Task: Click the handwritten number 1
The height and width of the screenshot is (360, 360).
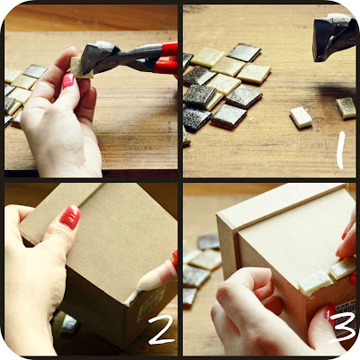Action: (x=340, y=150)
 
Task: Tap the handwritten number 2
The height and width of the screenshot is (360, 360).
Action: (x=159, y=329)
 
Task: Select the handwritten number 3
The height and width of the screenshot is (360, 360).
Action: (x=342, y=327)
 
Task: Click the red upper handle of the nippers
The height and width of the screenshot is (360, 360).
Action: (x=168, y=49)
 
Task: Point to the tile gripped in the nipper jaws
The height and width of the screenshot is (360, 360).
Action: (x=78, y=67)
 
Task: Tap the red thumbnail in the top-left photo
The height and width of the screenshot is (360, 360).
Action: (x=68, y=81)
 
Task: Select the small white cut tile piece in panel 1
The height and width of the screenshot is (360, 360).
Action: (x=301, y=118)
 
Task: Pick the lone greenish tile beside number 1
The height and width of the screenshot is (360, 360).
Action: (x=346, y=108)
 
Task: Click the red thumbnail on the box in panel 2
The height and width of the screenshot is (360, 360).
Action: (x=70, y=217)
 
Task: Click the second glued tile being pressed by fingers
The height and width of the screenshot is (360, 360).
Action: (x=343, y=268)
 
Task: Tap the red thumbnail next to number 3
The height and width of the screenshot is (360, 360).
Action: (x=330, y=314)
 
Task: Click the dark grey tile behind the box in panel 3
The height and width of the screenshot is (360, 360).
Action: (x=209, y=242)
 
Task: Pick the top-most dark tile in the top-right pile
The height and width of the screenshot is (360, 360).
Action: (x=244, y=52)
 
